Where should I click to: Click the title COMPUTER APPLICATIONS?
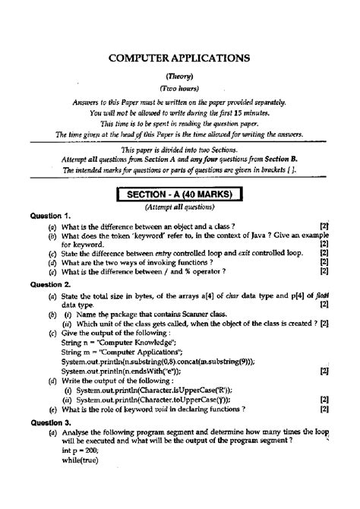tap(180, 57)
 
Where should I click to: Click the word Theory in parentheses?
tap(179, 76)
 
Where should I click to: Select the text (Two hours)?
tap(179, 89)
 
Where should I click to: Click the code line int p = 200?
tap(79, 448)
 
